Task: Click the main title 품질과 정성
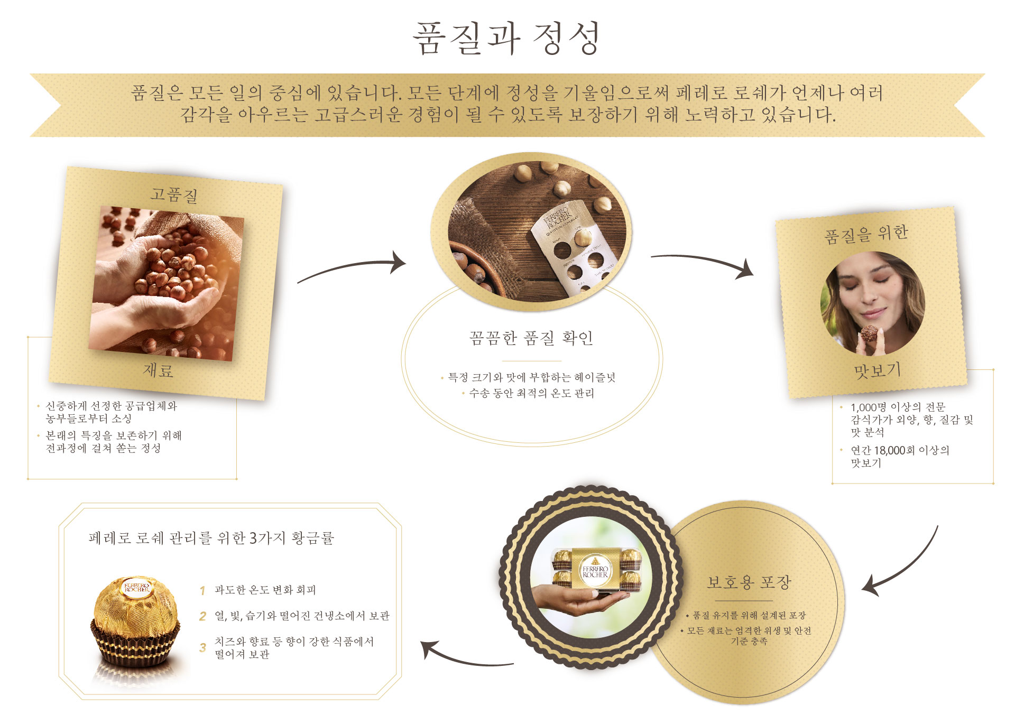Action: click(x=506, y=38)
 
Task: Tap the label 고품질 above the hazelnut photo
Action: click(x=174, y=195)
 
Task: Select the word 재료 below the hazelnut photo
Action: click(x=158, y=370)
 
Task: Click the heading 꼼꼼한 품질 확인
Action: click(x=531, y=338)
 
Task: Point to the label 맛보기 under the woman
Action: click(x=878, y=370)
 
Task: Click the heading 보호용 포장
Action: click(x=749, y=582)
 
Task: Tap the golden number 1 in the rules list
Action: click(x=202, y=590)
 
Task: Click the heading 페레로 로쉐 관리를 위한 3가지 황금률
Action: click(x=211, y=538)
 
